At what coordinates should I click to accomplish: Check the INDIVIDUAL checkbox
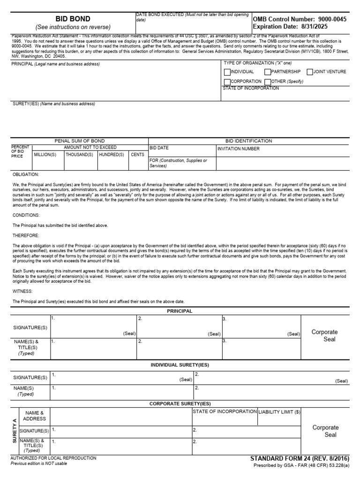click(x=227, y=72)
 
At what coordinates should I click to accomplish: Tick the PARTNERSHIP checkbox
click(x=268, y=72)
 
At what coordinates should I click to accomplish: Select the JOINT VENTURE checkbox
click(x=310, y=72)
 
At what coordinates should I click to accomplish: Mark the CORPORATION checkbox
click(x=227, y=82)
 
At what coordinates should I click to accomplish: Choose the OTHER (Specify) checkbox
click(x=268, y=82)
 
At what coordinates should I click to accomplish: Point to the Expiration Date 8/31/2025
click(x=290, y=27)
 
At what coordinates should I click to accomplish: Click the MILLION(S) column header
click(x=45, y=154)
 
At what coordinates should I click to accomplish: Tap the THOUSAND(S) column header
click(x=79, y=154)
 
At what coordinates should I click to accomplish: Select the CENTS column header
click(x=138, y=154)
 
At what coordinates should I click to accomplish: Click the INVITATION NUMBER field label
click(x=238, y=149)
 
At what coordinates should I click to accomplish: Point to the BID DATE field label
click(x=159, y=147)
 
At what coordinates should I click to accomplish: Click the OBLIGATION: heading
click(x=26, y=174)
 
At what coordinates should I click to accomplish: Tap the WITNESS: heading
click(x=23, y=291)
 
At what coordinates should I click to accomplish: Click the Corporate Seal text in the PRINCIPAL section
click(x=325, y=336)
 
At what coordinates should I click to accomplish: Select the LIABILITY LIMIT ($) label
click(x=279, y=412)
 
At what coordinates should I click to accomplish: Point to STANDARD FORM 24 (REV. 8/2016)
click(x=300, y=458)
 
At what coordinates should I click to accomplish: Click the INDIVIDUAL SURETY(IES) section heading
click(x=180, y=365)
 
